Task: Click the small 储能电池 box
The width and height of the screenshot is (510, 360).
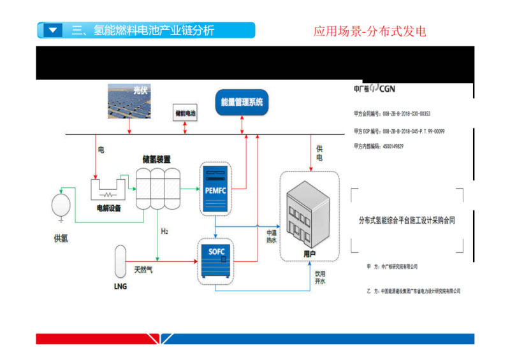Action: [186, 112]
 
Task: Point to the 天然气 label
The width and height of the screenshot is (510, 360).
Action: [143, 271]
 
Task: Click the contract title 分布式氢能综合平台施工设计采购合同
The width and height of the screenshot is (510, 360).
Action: [407, 220]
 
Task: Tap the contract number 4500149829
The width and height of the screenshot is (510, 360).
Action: [395, 147]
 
